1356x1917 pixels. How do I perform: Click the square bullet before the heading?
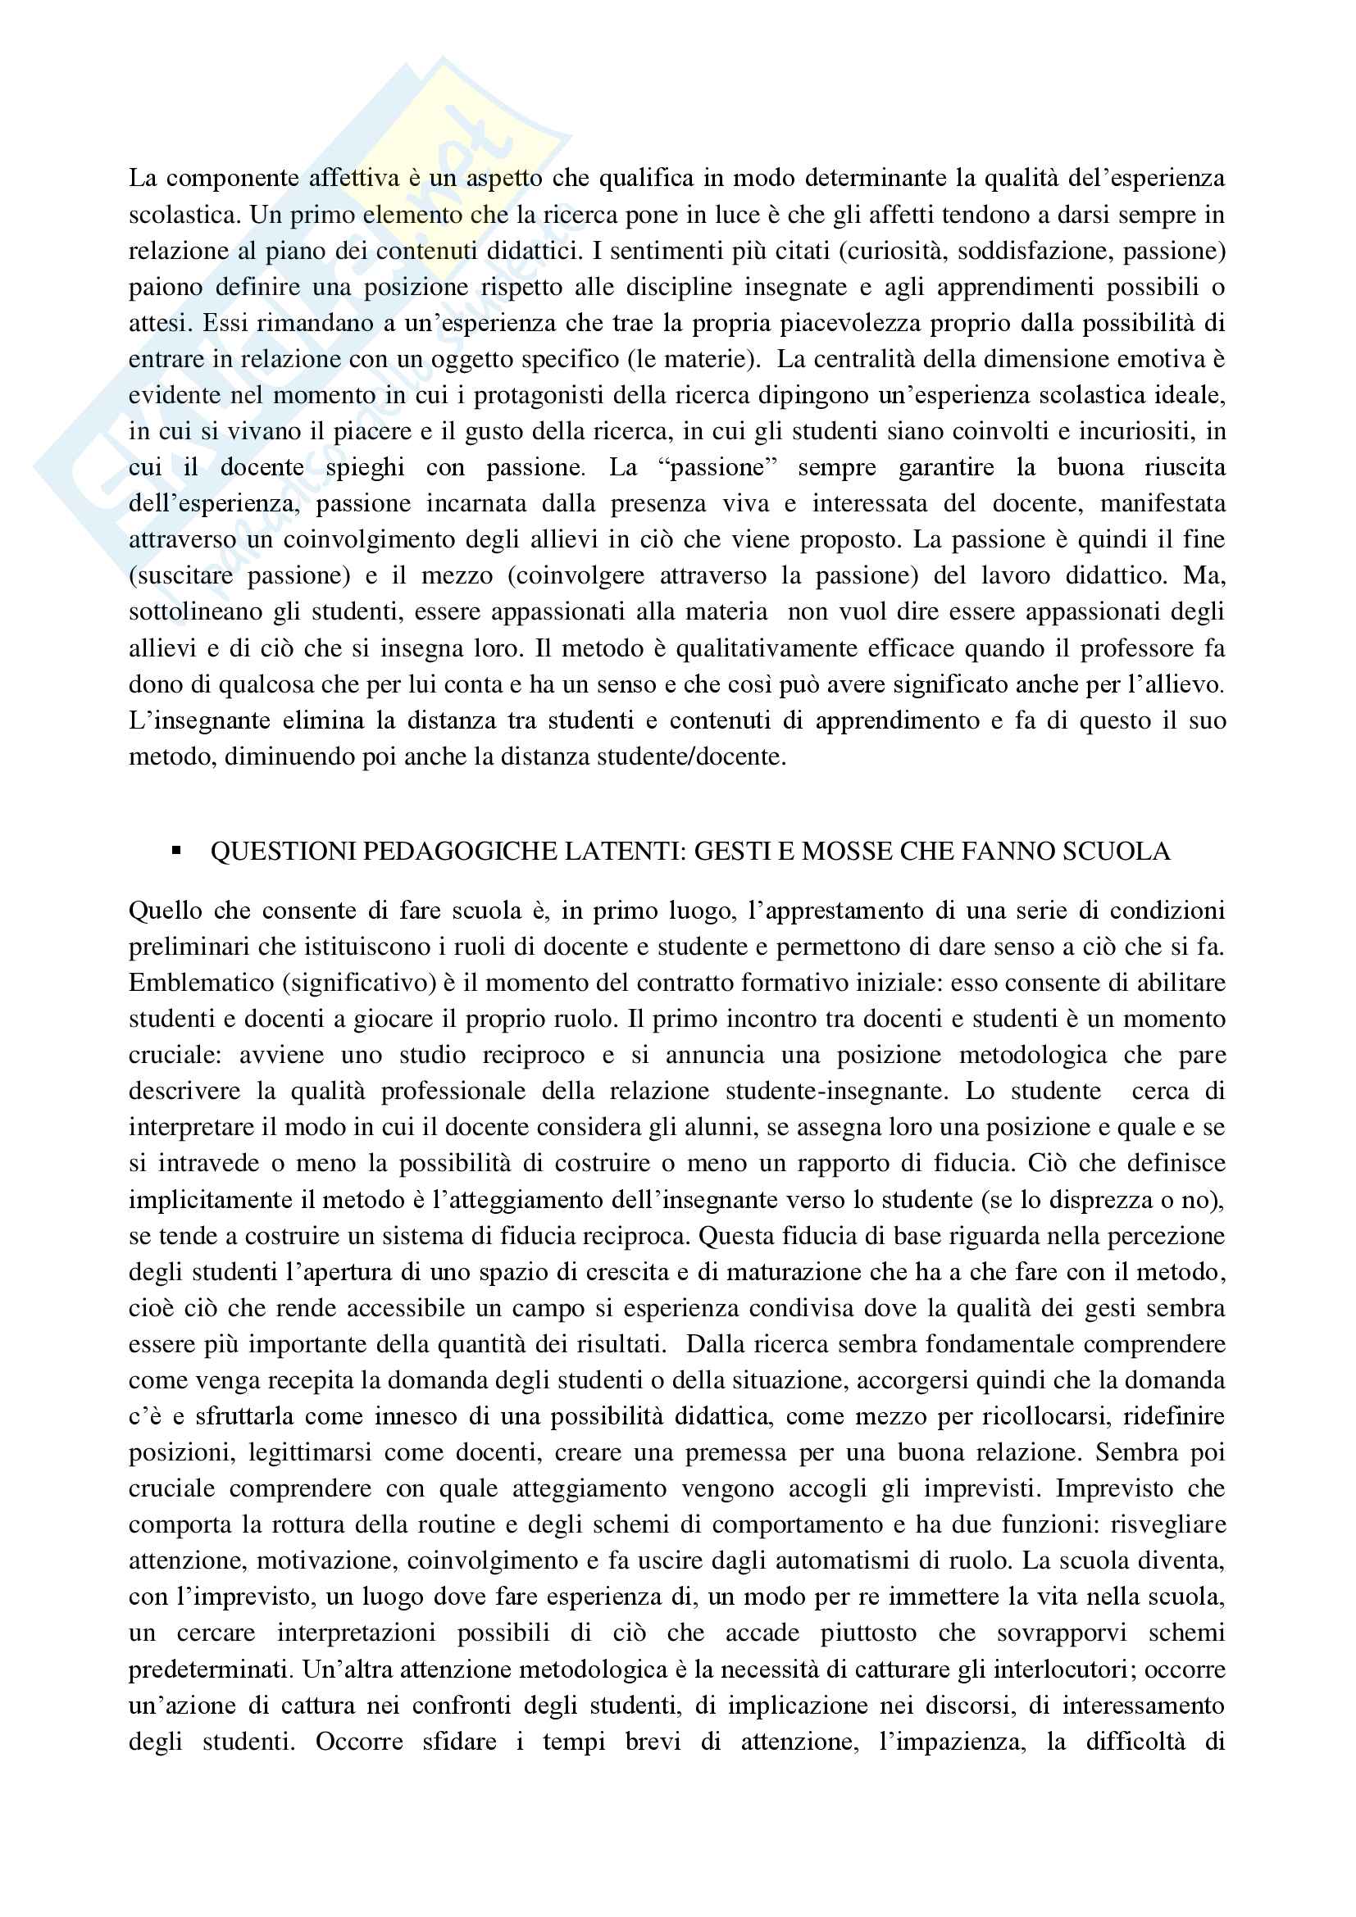[176, 852]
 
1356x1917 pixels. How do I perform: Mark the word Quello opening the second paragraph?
[162, 910]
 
